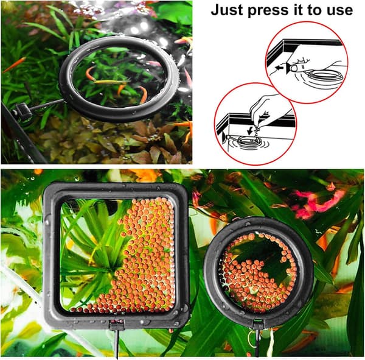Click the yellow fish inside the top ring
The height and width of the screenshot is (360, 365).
[110, 82]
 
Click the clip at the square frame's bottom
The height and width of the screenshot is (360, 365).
[117, 325]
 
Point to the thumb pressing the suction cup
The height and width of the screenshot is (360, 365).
[299, 68]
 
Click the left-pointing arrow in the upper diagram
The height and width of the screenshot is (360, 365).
[280, 68]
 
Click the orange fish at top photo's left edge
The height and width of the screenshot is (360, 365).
[14, 65]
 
